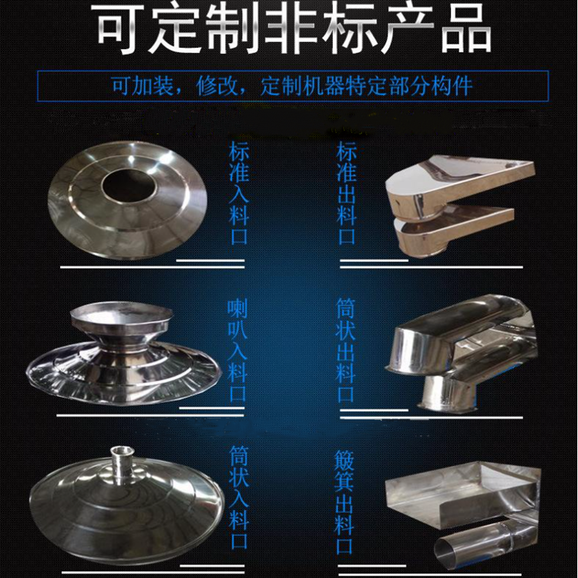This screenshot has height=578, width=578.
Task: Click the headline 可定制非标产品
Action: point(294,29)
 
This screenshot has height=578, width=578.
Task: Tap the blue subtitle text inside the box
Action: point(292,86)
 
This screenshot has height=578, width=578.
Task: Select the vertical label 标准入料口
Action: point(239,193)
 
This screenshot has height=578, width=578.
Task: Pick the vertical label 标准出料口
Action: point(347,193)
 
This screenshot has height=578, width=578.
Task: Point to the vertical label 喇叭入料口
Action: point(237,351)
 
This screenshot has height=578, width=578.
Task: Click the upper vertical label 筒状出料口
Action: point(346,351)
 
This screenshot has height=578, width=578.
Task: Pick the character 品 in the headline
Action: point(466,29)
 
